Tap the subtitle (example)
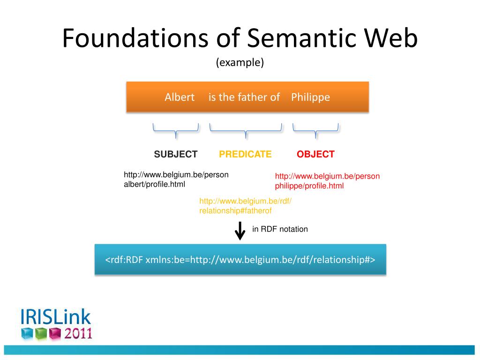point(240,62)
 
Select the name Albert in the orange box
point(180,97)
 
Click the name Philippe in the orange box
point(310,97)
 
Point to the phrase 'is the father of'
point(244,97)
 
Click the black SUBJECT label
point(176,154)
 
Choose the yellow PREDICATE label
point(245,154)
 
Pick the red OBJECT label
point(315,154)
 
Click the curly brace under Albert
point(176,131)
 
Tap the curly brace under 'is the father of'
point(246,131)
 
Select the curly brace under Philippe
point(315,131)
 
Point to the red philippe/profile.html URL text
point(327,181)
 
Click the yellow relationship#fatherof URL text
point(246,206)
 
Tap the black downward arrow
point(240,231)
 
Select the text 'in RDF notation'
point(280,229)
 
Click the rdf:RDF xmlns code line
point(240,260)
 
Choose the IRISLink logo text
point(55,317)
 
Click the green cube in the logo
point(41,334)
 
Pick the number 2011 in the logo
point(78,333)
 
